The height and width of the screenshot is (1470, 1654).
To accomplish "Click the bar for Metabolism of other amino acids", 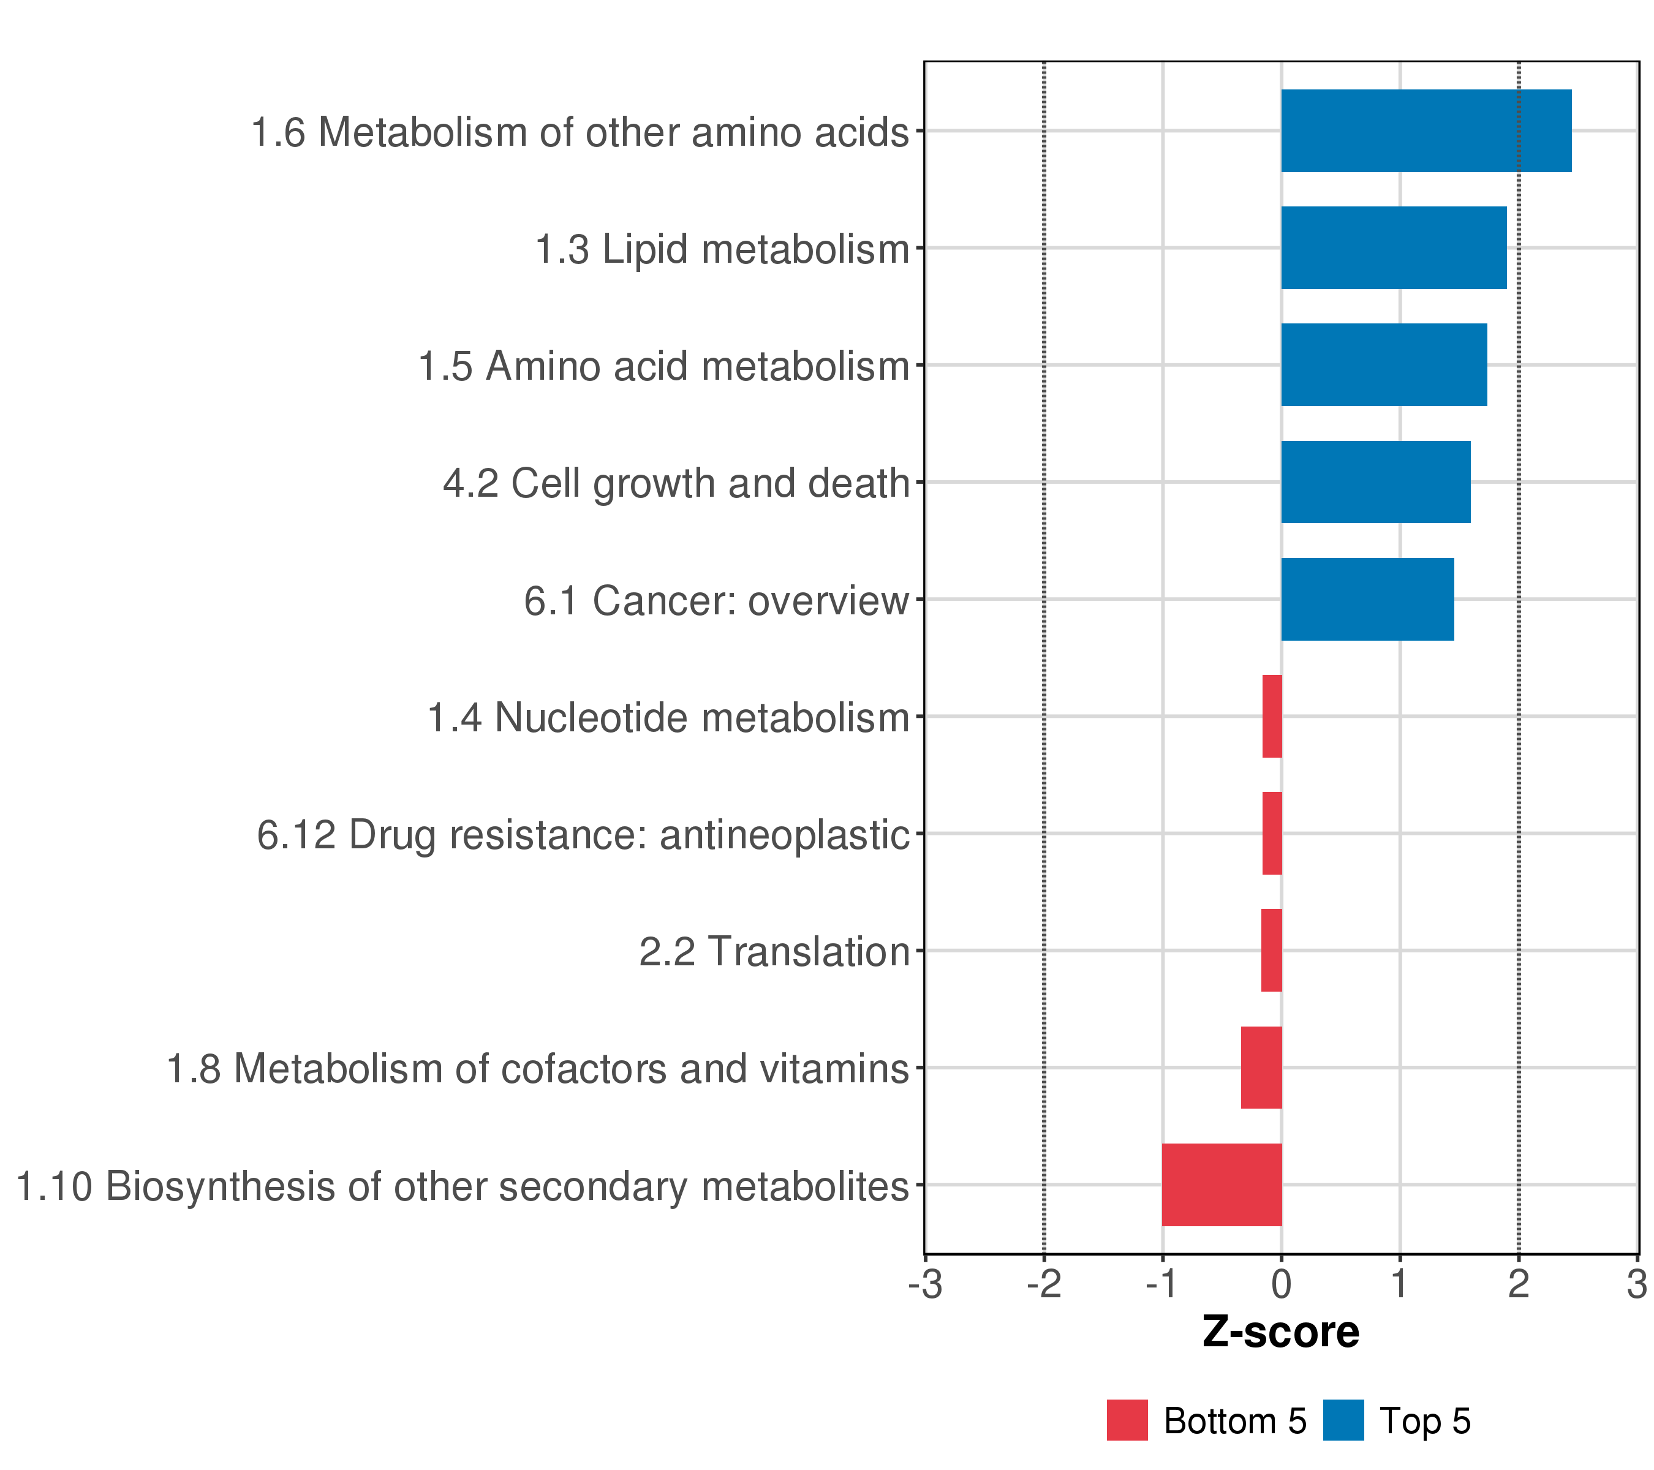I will tap(1426, 131).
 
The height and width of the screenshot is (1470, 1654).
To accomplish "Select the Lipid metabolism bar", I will tap(1394, 247).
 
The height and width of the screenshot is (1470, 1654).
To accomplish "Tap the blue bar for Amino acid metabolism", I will tap(1384, 365).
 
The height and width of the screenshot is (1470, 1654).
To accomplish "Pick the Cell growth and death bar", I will tap(1376, 482).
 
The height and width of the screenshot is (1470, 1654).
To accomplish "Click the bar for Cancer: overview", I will tap(1367, 600).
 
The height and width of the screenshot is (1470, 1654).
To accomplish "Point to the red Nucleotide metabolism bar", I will tap(1272, 716).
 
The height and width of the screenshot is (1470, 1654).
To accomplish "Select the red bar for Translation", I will tap(1271, 951).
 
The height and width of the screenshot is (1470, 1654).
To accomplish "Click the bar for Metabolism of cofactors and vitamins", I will tap(1261, 1068).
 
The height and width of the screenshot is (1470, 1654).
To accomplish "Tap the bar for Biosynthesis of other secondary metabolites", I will tap(1222, 1185).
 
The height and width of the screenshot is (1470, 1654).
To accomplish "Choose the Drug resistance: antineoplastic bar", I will tap(1272, 833).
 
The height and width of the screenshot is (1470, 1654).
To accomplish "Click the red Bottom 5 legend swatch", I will tap(1127, 1420).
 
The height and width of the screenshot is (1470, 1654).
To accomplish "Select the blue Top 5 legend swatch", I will tap(1343, 1420).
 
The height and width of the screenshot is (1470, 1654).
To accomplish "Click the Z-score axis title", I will tap(1281, 1332).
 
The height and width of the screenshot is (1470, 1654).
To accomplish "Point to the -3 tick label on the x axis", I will tap(925, 1285).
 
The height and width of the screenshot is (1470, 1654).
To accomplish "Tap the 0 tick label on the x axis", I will tap(1281, 1285).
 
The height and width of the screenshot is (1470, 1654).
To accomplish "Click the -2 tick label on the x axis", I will tap(1044, 1285).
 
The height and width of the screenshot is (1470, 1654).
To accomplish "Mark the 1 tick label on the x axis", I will tap(1400, 1285).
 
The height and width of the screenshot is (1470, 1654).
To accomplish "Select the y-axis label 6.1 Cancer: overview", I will tap(716, 601).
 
